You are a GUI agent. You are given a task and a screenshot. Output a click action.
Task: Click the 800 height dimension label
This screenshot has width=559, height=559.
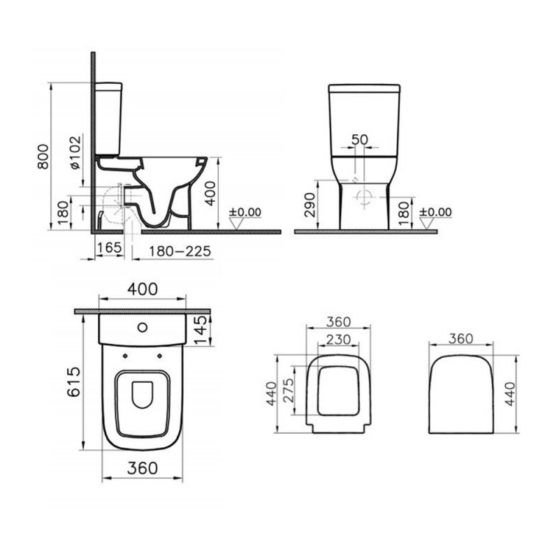(x=43, y=157)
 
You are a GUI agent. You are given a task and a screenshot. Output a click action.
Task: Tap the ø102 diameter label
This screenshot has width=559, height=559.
(x=75, y=152)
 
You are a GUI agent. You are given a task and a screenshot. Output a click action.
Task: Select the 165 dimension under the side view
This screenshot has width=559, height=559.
(x=109, y=247)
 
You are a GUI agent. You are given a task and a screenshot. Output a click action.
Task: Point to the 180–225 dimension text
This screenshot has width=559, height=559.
(x=180, y=252)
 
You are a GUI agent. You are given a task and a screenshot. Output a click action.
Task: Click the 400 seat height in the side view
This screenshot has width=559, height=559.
(x=211, y=194)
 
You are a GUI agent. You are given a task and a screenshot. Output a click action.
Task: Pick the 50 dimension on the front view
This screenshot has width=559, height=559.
(x=359, y=139)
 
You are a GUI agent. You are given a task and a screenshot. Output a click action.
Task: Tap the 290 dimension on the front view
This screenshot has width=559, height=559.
(x=310, y=205)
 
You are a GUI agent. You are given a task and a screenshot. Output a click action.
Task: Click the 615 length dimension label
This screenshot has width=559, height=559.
(x=74, y=382)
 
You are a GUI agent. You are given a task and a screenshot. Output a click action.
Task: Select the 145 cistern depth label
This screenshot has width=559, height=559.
(x=201, y=331)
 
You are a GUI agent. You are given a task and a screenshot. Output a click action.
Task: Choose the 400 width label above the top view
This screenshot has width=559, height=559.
(x=143, y=289)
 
